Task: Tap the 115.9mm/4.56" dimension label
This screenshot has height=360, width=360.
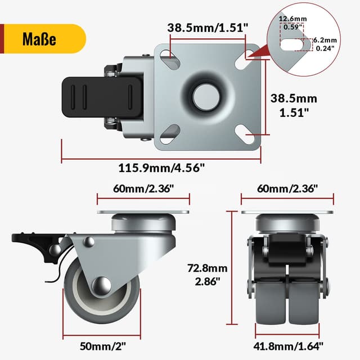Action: (161, 168)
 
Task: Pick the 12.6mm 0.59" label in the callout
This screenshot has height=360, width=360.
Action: (292, 22)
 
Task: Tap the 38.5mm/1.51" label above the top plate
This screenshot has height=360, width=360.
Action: (206, 27)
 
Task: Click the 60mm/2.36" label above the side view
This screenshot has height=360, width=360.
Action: (143, 188)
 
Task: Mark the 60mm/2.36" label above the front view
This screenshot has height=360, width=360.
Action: (287, 188)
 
